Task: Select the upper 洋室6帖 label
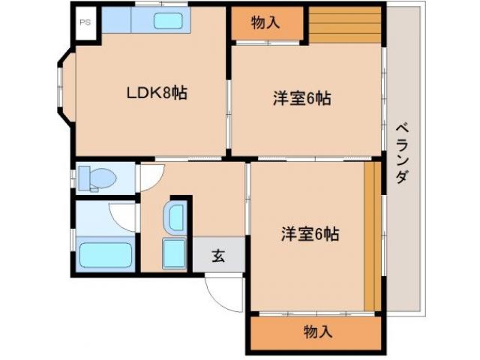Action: point(301,97)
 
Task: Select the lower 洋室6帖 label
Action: point(310,233)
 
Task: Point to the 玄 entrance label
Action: point(218,255)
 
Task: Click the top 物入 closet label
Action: point(265,23)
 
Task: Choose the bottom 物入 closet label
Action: point(319,331)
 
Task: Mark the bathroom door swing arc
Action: point(123,216)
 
